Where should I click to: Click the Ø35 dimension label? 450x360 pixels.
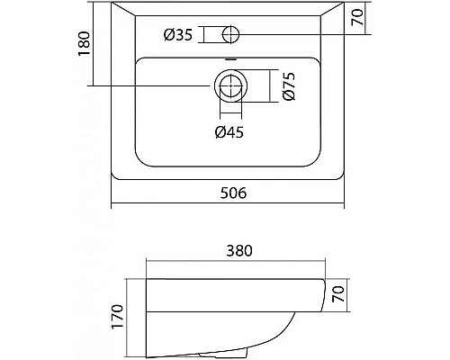[x=178, y=34]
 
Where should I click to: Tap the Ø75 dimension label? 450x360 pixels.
[x=289, y=85]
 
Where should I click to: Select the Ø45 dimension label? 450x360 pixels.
[x=229, y=132]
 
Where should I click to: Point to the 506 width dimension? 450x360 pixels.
[x=233, y=193]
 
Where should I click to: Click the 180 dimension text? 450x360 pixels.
[x=84, y=43]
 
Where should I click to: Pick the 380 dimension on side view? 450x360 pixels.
[x=239, y=251]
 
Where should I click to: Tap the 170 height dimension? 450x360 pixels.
[x=117, y=317]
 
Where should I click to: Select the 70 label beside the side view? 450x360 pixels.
[x=337, y=293]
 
